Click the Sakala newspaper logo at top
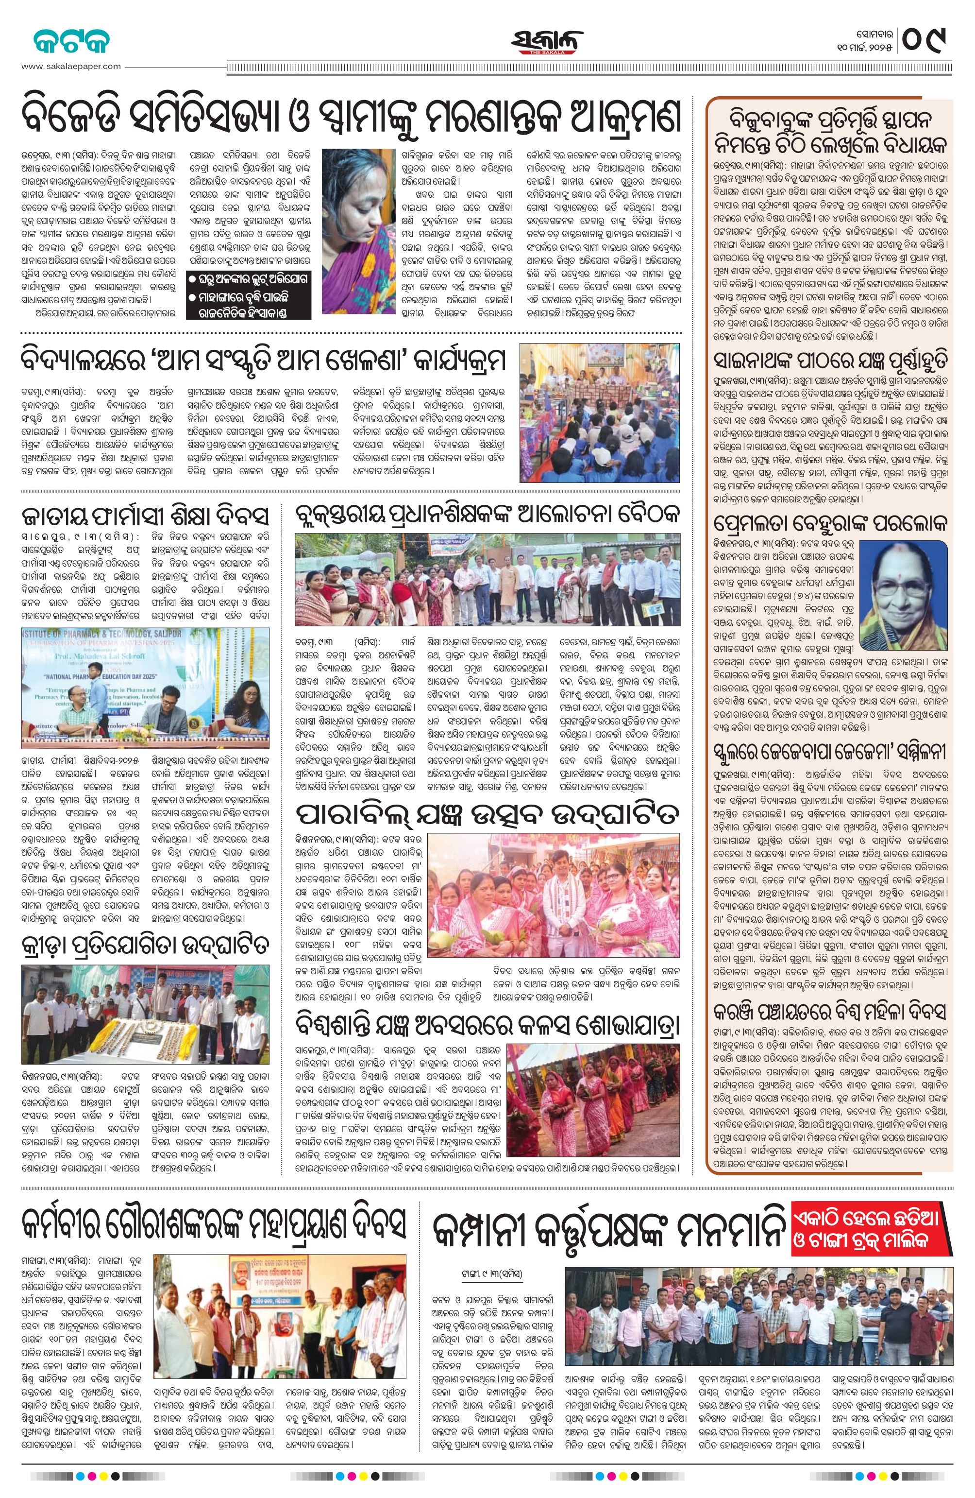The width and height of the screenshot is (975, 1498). [545, 43]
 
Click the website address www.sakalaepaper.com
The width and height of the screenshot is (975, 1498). [70, 66]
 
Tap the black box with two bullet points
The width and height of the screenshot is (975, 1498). [249, 303]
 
